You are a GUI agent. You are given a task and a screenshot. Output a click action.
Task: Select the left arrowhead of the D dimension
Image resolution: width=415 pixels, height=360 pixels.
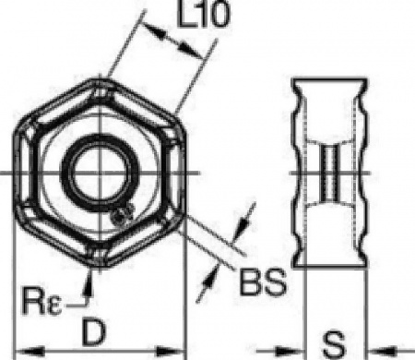27,350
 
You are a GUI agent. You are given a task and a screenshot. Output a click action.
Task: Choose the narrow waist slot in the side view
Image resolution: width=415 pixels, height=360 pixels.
329,174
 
